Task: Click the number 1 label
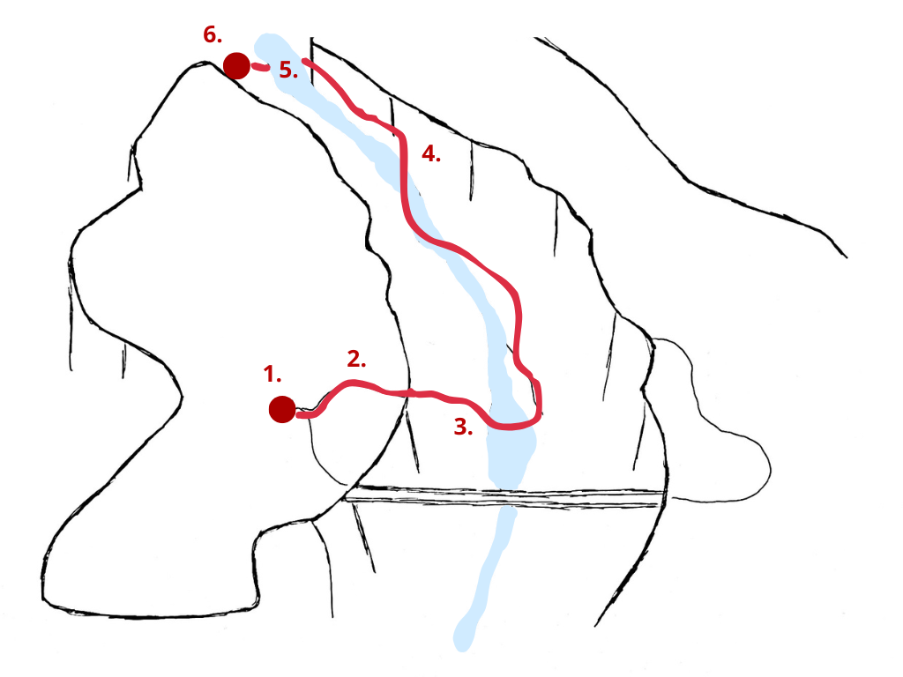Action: (x=272, y=374)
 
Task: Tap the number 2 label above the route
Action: (x=356, y=359)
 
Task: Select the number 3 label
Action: (x=463, y=427)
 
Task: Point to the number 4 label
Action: (x=430, y=153)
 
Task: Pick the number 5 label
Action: (x=288, y=70)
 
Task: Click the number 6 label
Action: (x=213, y=34)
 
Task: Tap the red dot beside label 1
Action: (x=282, y=409)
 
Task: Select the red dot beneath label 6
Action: (x=236, y=65)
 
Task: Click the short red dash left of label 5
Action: (x=260, y=67)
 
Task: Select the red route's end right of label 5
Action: (x=304, y=61)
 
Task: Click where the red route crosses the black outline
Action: (x=409, y=394)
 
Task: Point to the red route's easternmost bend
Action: (x=540, y=403)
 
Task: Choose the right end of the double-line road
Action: (x=662, y=499)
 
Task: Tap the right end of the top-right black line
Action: (x=846, y=257)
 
